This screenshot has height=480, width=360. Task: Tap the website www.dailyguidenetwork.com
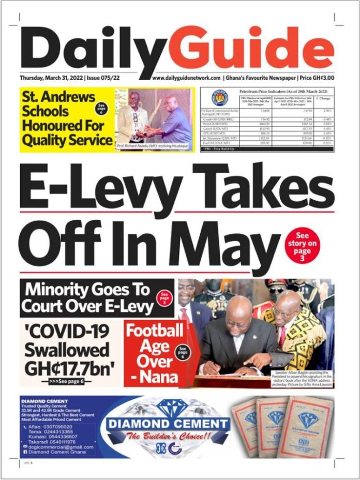pyautogui.click(x=187, y=78)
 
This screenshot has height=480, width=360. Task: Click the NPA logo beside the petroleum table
pyautogui.click(x=219, y=98)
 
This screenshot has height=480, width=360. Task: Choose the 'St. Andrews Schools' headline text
pyautogui.click(x=57, y=104)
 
